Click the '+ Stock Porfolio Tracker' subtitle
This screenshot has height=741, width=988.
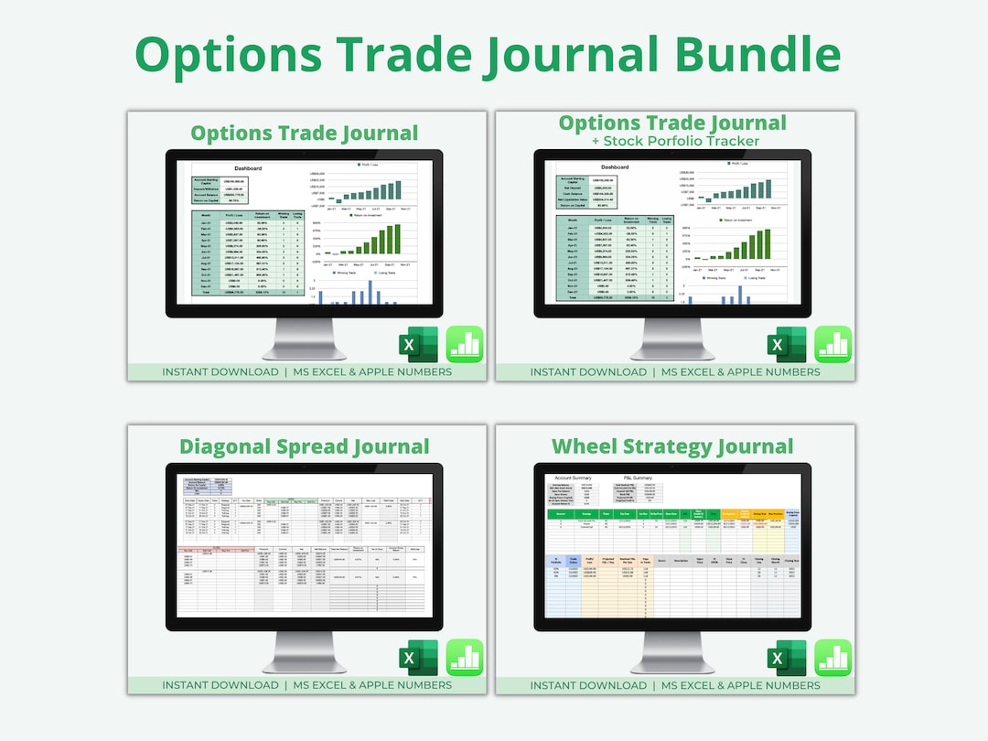click(676, 141)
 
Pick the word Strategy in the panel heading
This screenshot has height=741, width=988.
click(672, 447)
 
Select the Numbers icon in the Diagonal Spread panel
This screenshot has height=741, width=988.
click(465, 658)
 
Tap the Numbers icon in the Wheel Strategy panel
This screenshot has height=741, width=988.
click(833, 658)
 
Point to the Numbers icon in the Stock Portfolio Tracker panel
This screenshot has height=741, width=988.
click(833, 344)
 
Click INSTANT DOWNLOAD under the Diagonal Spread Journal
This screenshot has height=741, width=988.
click(220, 685)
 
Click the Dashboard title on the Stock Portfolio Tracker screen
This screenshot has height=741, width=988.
click(614, 167)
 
